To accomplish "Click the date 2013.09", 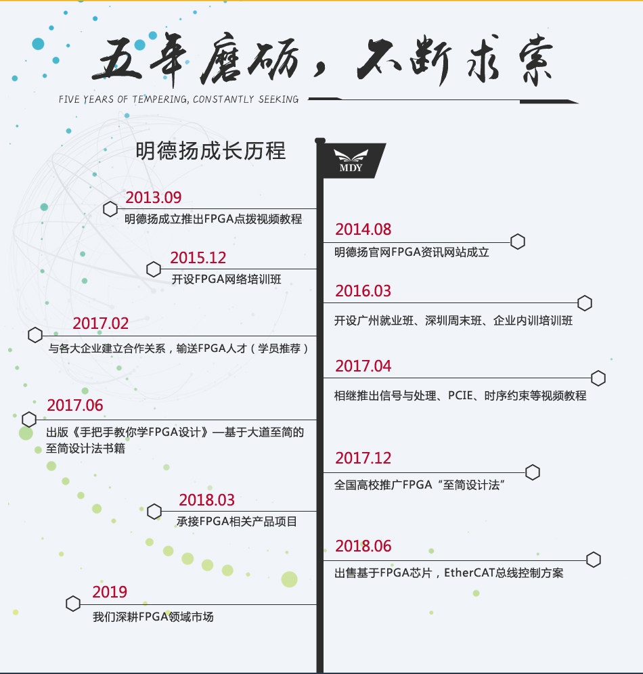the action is (x=154, y=198).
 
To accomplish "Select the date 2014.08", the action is (x=363, y=229).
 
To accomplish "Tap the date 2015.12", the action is (x=198, y=258).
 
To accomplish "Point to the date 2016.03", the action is (x=363, y=291).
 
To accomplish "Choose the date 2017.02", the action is (x=101, y=323).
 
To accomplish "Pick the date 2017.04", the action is (x=363, y=366).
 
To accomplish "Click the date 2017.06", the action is (x=75, y=405).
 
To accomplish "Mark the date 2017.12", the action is (x=363, y=458).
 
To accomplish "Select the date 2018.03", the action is (x=207, y=500).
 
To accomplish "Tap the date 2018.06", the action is (x=363, y=546).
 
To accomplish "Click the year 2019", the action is (x=110, y=592).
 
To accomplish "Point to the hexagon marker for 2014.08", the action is (x=518, y=242).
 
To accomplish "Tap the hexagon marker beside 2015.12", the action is (x=154, y=269).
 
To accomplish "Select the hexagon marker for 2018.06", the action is (x=594, y=560).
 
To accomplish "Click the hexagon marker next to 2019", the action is (x=73, y=604).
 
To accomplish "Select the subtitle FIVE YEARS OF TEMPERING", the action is (x=179, y=99).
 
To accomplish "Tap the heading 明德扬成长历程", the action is (x=210, y=150).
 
